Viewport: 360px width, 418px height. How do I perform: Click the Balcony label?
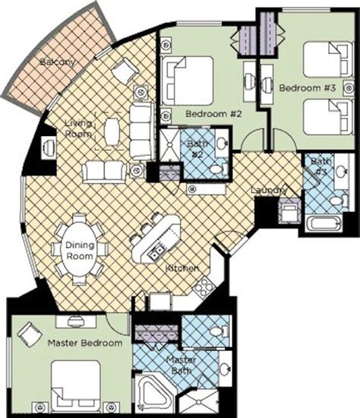tap(58, 62)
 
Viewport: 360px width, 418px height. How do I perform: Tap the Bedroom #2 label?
tap(213, 114)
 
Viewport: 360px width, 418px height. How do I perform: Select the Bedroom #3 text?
tap(308, 87)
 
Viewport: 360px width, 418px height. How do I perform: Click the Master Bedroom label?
tap(85, 343)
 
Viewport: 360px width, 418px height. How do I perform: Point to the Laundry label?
tap(269, 190)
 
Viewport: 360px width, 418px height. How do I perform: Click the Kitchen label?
tap(182, 268)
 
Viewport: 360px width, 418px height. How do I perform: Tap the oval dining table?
tap(80, 250)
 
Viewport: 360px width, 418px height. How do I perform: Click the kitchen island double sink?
tap(156, 252)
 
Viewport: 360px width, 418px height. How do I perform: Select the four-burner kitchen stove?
tap(204, 287)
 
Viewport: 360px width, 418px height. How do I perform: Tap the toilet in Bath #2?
tap(218, 169)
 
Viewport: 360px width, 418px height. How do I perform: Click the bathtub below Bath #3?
tap(324, 223)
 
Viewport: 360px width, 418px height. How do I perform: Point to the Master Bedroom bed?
tap(76, 383)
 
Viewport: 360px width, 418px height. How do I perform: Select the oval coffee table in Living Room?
tap(112, 131)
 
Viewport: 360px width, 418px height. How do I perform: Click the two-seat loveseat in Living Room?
tap(105, 173)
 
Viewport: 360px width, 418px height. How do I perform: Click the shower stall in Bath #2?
tap(170, 144)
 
